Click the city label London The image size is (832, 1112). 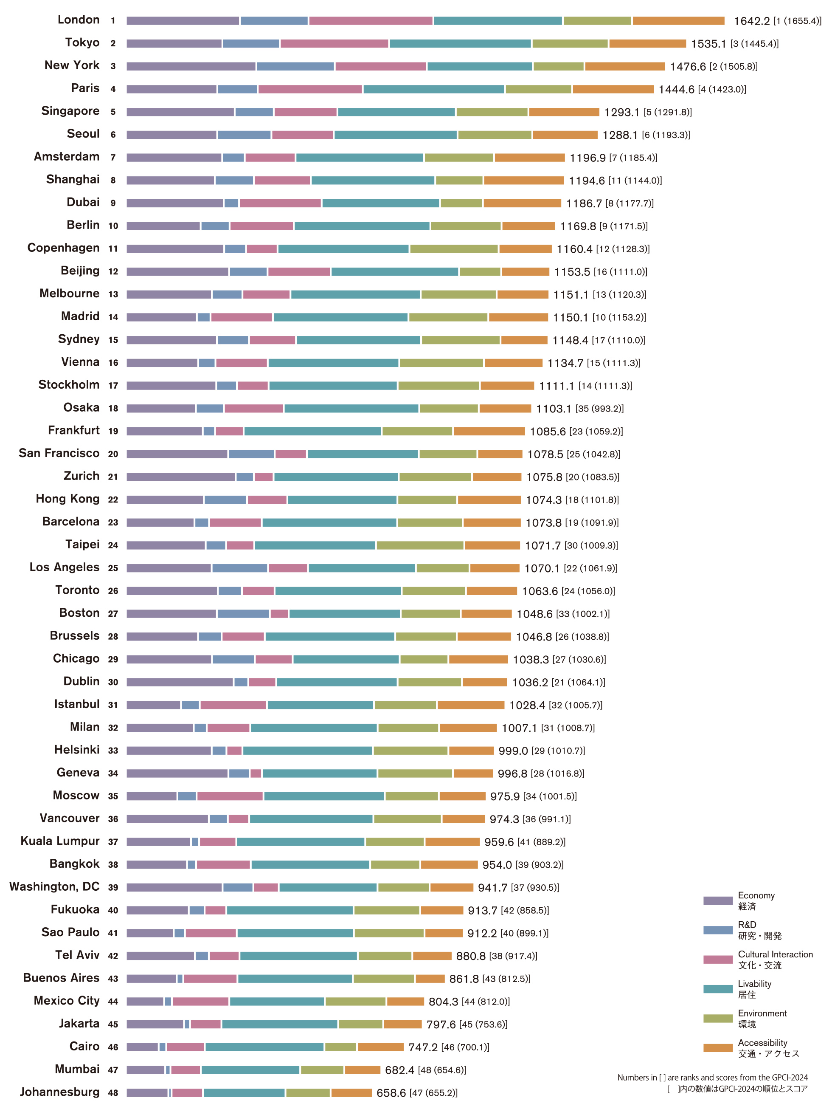tap(79, 20)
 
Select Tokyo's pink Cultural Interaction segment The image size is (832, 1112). tap(334, 44)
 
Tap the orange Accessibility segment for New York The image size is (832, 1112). tap(624, 66)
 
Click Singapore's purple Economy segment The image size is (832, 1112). tap(180, 112)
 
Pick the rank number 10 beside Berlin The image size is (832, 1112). tap(113, 226)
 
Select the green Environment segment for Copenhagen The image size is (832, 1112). tap(454, 249)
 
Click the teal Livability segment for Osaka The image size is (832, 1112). tap(351, 408)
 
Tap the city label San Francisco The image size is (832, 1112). tap(59, 453)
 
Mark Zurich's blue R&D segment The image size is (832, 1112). tap(245, 477)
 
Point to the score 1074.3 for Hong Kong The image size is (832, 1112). tap(544, 500)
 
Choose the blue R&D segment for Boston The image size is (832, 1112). tap(243, 613)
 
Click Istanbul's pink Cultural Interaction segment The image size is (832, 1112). tap(233, 705)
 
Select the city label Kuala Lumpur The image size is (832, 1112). tap(60, 841)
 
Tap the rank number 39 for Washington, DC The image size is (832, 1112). tap(113, 887)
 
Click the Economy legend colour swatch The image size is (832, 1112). tap(717, 900)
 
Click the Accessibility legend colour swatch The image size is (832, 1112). tap(717, 1048)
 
